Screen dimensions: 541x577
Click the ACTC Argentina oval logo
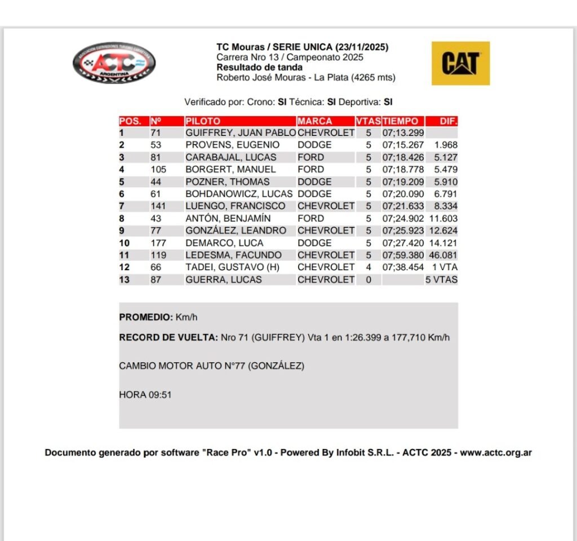[x=114, y=63]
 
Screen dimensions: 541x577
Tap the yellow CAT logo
[x=460, y=63]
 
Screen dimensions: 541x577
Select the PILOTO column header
[x=203, y=121]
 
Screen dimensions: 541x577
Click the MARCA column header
[x=315, y=121]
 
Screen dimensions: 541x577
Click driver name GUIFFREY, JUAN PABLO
[x=241, y=133]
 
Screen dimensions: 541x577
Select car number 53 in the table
[x=156, y=145]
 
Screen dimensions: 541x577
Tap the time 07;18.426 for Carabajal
[x=403, y=157]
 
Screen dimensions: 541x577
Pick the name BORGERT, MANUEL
[x=231, y=169]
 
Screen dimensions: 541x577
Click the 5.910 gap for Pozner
[x=446, y=182]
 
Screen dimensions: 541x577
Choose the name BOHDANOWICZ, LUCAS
[x=239, y=194]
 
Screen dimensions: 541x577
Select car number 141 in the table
[x=158, y=206]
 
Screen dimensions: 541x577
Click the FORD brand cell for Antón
[x=310, y=218]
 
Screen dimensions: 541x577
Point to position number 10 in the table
[x=125, y=243]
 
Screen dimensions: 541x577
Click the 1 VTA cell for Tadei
[x=445, y=267]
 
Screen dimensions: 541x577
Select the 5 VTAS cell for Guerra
[x=441, y=280]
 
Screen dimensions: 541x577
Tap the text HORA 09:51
[x=145, y=395]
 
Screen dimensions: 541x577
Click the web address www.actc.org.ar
[x=496, y=452]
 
